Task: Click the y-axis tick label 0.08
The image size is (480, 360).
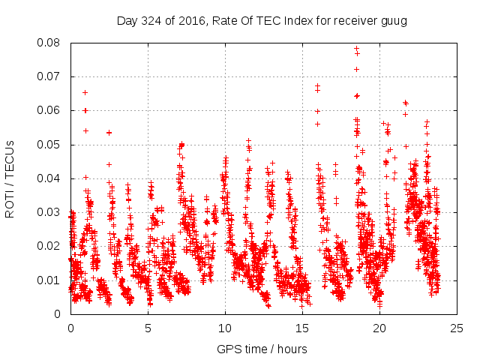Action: pyautogui.click(x=51, y=43)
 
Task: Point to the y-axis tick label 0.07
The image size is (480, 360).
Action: pyautogui.click(x=51, y=76)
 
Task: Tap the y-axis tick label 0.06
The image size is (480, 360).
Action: pyautogui.click(x=51, y=110)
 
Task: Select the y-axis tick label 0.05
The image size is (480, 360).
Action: pyautogui.click(x=51, y=144)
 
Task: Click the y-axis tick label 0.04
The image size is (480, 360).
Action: pyautogui.click(x=51, y=178)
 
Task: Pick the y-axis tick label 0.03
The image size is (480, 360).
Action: pyautogui.click(x=51, y=212)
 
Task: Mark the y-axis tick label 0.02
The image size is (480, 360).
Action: pyautogui.click(x=51, y=246)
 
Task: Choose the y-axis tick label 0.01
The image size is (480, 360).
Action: pyautogui.click(x=51, y=280)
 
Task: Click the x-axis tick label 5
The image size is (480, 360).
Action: pyautogui.click(x=148, y=328)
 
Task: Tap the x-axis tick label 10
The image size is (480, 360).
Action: pyautogui.click(x=225, y=328)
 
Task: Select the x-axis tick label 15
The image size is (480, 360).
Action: pyautogui.click(x=302, y=328)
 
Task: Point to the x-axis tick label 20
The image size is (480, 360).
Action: pyautogui.click(x=379, y=328)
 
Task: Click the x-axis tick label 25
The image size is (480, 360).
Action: pyautogui.click(x=457, y=328)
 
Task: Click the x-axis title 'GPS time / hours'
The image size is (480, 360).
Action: pyautogui.click(x=263, y=349)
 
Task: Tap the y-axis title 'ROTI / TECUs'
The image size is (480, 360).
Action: pyautogui.click(x=10, y=178)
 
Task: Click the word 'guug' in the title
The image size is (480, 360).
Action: pyautogui.click(x=393, y=20)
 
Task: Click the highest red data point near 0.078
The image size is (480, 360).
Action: pyautogui.click(x=357, y=49)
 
